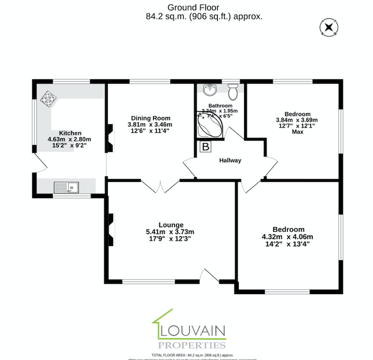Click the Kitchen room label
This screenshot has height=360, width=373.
point(70,133)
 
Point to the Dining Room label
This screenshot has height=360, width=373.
point(150,118)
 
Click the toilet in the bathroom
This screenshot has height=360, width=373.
point(233,90)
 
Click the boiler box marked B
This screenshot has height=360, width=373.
point(205,147)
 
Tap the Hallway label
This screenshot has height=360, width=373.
point(230,160)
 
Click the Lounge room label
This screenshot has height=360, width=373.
point(170,225)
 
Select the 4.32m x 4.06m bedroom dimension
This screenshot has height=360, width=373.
point(287,236)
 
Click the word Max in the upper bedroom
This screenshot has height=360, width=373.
point(297,132)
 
